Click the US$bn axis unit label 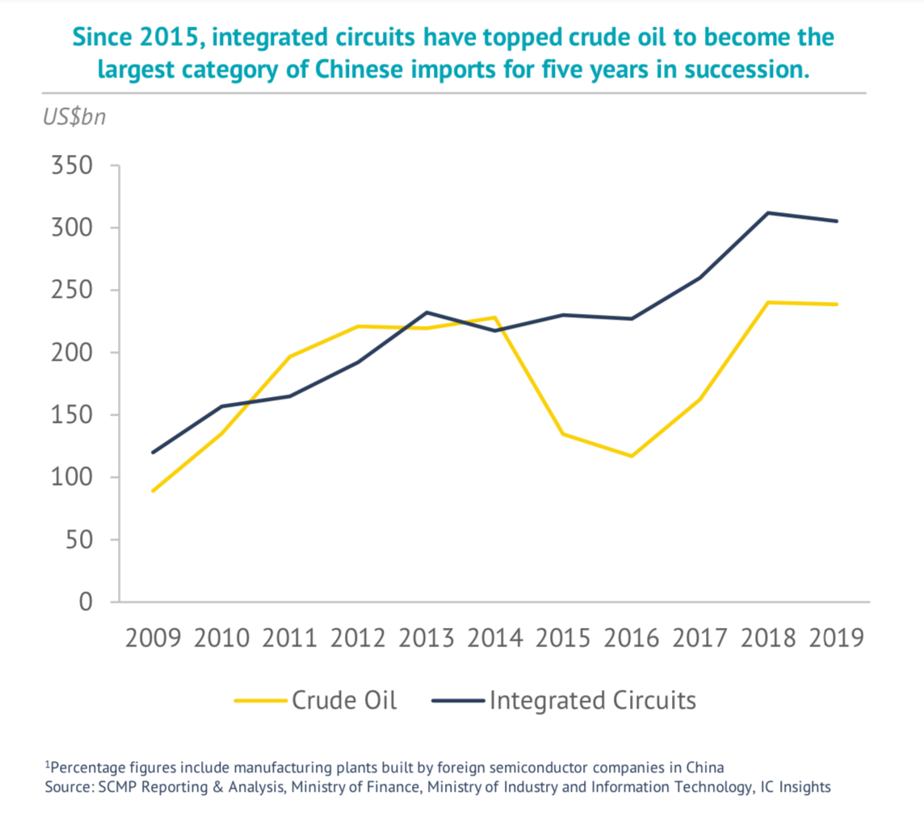click(x=73, y=117)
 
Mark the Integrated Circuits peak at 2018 click(x=768, y=213)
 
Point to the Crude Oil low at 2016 click(x=632, y=456)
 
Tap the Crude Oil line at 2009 click(x=153, y=491)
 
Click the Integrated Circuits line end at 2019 click(x=837, y=221)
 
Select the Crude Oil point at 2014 click(x=495, y=317)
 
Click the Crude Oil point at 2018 click(x=768, y=303)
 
